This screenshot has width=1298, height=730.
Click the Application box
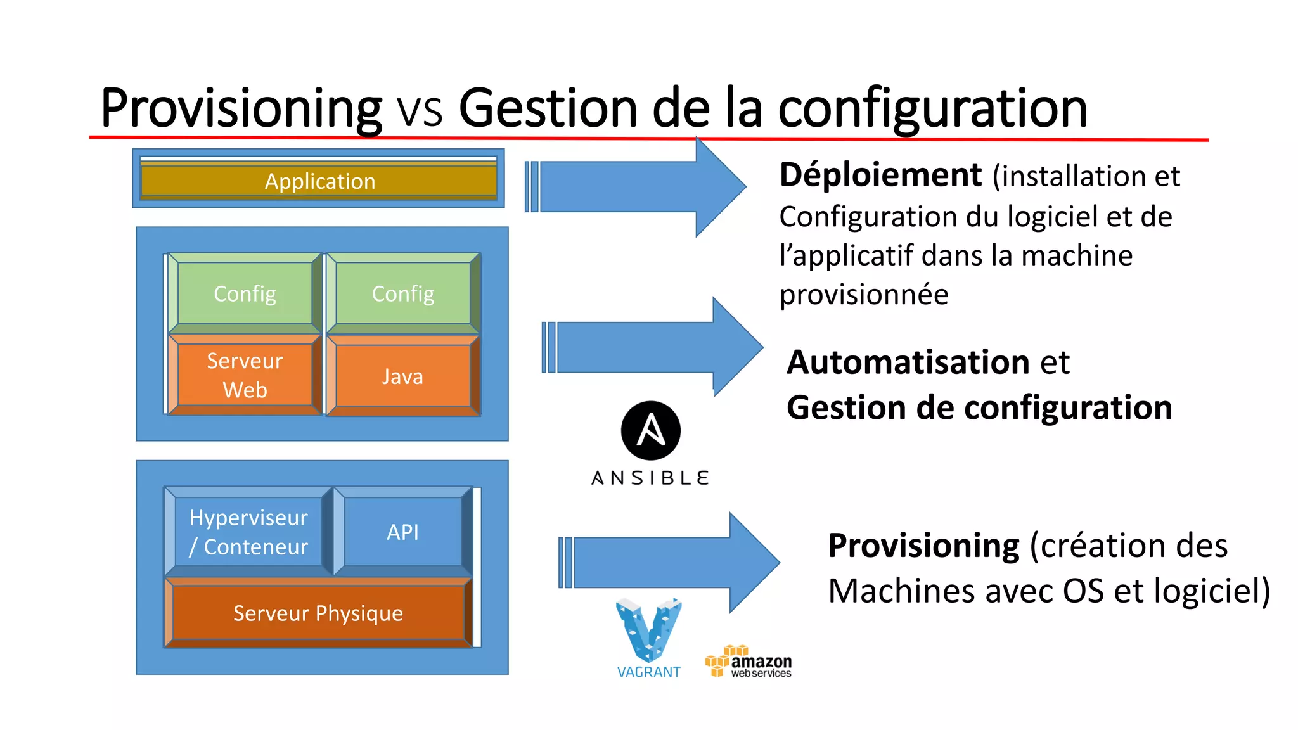pyautogui.click(x=319, y=181)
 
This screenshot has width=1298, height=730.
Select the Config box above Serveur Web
pyautogui.click(x=245, y=293)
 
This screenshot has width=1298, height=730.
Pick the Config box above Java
pyautogui.click(x=402, y=293)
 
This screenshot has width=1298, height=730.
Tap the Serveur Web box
pyautogui.click(x=245, y=375)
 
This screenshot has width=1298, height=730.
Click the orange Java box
pyautogui.click(x=402, y=376)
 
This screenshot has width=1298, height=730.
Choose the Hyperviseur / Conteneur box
pyautogui.click(x=248, y=532)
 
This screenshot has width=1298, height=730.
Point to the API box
pyautogui.click(x=402, y=532)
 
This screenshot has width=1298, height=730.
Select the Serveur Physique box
pyautogui.click(x=318, y=613)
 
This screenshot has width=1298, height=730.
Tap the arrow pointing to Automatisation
pyautogui.click(x=653, y=347)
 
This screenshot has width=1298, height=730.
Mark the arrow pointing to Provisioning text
pyautogui.click(x=669, y=563)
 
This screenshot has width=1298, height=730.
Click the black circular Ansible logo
pyautogui.click(x=651, y=431)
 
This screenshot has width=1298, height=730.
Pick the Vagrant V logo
pyautogui.click(x=648, y=631)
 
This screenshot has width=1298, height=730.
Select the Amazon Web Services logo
pyautogui.click(x=749, y=662)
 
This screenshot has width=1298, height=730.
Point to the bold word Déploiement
pyautogui.click(x=880, y=175)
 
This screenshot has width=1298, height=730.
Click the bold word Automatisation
pyautogui.click(x=908, y=362)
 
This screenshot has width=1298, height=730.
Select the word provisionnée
pyautogui.click(x=864, y=295)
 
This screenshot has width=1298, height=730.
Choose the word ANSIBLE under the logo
pyautogui.click(x=650, y=478)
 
